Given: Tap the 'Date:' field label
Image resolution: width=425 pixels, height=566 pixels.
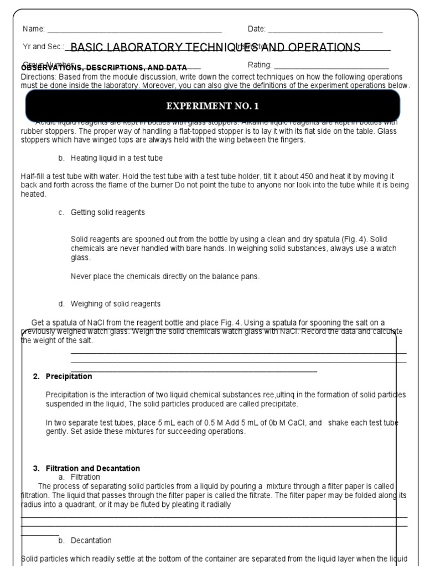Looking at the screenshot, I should tap(257, 29).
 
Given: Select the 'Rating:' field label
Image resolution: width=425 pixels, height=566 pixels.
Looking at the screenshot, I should tap(260, 65).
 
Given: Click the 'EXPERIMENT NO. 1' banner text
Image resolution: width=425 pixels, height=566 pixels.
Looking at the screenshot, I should tap(213, 106).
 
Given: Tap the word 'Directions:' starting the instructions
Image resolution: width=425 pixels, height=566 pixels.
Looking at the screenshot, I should tap(39, 77).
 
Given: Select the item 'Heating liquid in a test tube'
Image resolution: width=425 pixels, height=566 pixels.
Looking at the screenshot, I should tap(116, 158).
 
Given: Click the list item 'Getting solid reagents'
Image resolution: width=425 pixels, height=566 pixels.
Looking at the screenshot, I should tap(107, 212).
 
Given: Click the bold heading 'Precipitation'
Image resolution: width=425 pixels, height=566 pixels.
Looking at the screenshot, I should tap(69, 376).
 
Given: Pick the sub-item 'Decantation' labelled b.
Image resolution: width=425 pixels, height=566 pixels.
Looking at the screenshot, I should tap(91, 540).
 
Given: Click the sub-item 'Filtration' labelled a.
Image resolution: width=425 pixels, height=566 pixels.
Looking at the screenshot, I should tap(85, 476).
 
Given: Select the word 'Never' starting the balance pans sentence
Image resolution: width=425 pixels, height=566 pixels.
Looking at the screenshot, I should tap(81, 276).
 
